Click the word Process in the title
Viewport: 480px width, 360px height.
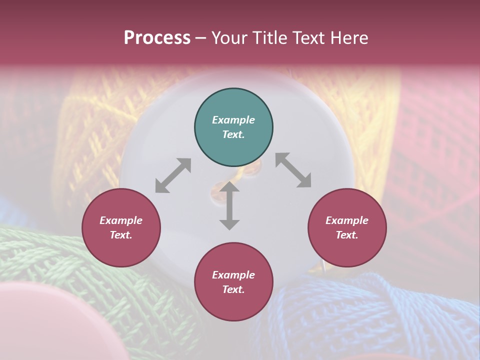157,38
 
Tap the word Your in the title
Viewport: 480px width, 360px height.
229,38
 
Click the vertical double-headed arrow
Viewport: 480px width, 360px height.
229,205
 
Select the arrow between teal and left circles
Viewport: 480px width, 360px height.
173,175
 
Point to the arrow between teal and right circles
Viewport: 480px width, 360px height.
293,170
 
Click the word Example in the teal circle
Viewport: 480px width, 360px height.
233,120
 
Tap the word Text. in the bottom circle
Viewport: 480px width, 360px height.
233,289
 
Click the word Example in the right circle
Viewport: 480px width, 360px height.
347,220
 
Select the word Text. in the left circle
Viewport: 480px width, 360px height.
121,235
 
